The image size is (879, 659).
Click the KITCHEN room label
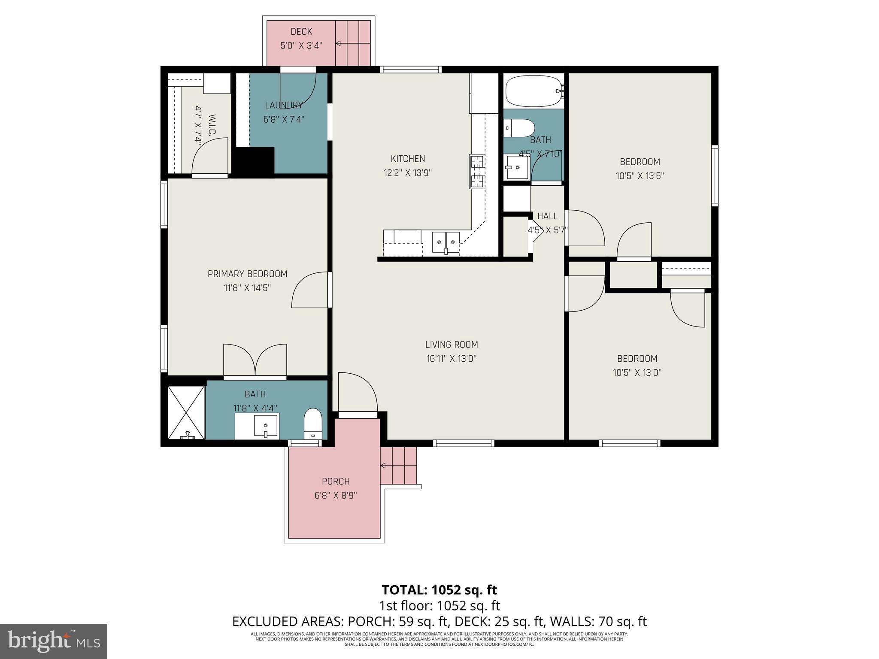(x=408, y=159)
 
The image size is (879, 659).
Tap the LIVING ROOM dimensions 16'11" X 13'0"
(x=452, y=359)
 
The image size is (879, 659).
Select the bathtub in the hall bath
(x=533, y=91)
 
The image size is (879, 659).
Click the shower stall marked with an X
(x=186, y=412)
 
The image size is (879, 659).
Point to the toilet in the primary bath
(x=313, y=423)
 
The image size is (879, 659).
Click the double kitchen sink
(x=446, y=242)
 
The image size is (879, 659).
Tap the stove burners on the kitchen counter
(x=477, y=172)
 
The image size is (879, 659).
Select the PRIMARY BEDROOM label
(x=247, y=274)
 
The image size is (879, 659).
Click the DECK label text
(x=301, y=31)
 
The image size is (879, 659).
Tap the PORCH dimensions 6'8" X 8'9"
(x=336, y=496)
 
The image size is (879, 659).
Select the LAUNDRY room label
(x=284, y=105)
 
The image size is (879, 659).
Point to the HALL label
(x=547, y=216)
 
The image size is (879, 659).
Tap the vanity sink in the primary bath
(x=266, y=426)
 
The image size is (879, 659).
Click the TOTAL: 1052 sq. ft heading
(x=439, y=590)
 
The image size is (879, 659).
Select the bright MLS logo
(x=54, y=641)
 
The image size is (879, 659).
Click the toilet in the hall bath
(x=520, y=128)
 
